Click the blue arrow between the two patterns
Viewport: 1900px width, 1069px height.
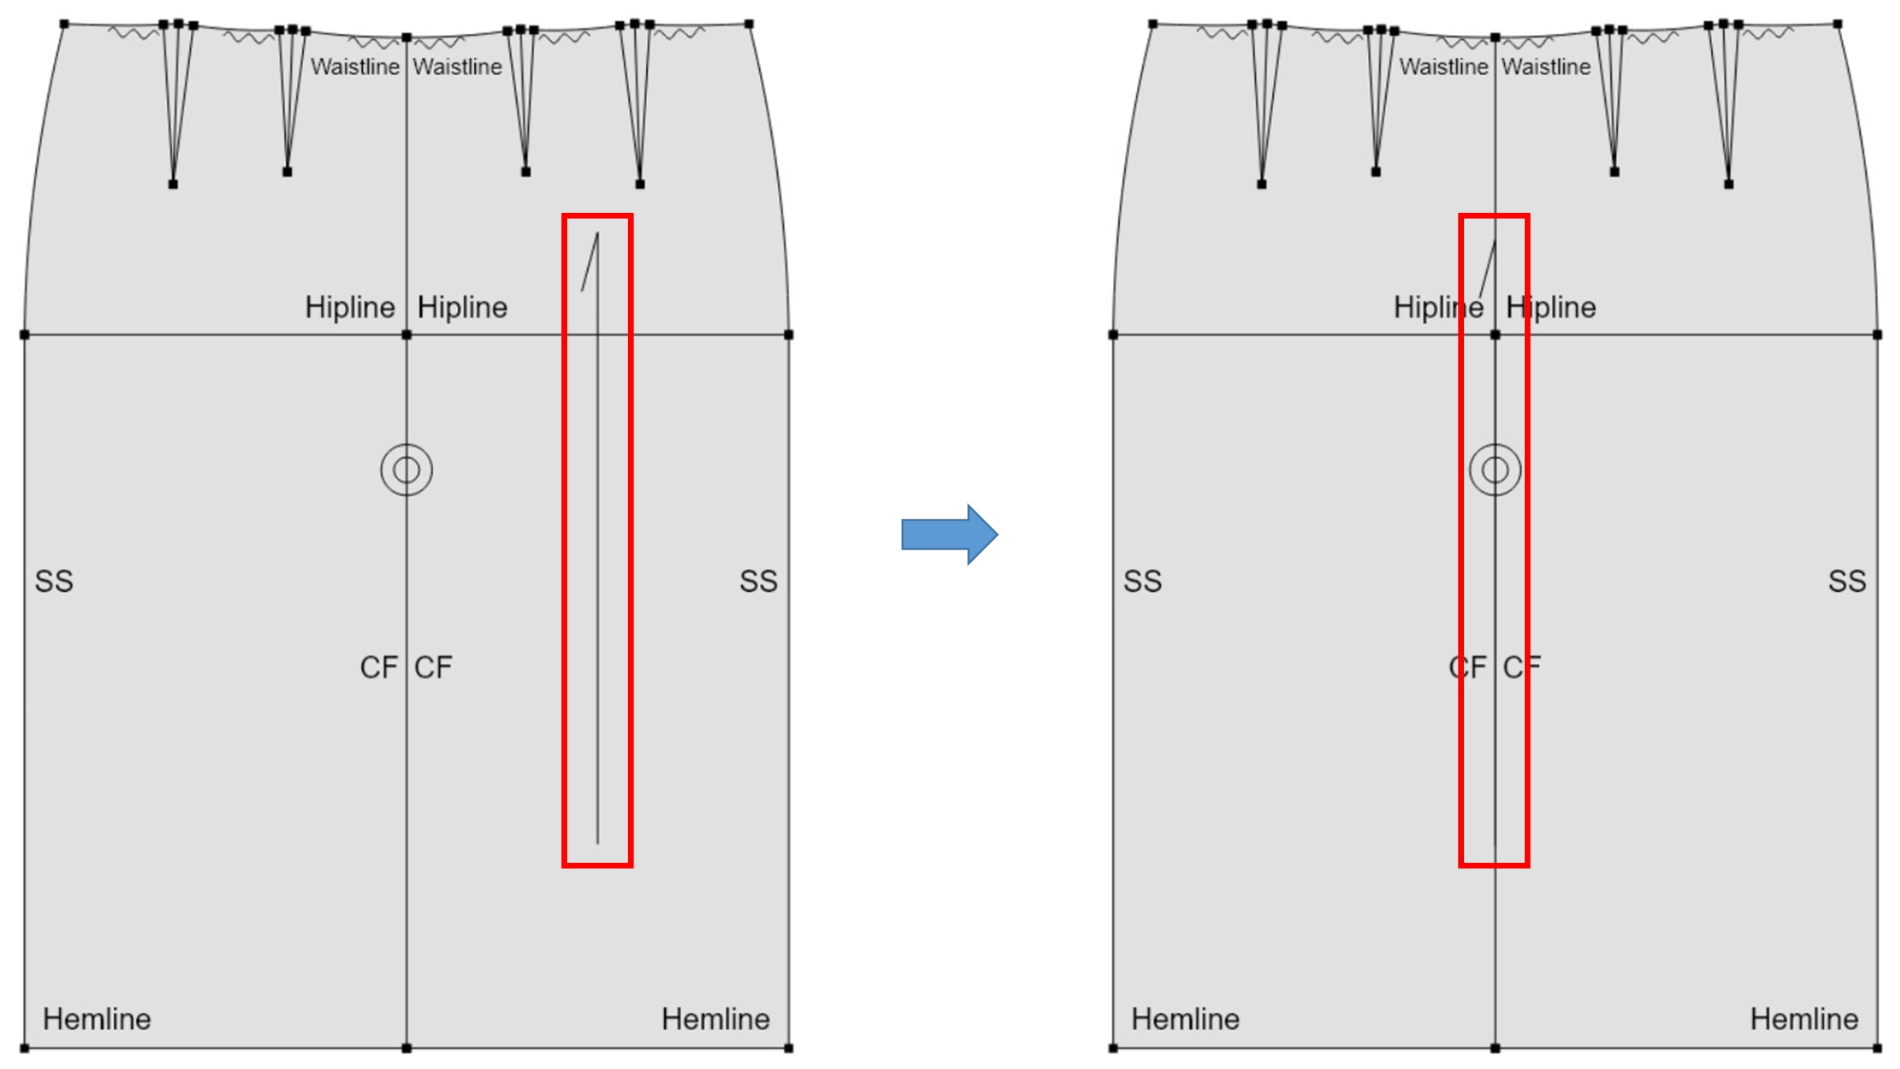click(949, 534)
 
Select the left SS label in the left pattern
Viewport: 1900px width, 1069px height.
click(54, 582)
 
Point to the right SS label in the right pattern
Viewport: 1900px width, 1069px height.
click(1847, 582)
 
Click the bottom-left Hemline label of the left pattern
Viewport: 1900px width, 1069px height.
click(97, 1019)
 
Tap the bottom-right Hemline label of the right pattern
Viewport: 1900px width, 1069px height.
click(1804, 1019)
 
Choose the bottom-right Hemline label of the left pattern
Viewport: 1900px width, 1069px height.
click(715, 1019)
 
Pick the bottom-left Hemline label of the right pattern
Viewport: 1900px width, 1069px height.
click(1186, 1019)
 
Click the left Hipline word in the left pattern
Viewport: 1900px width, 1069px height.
click(350, 308)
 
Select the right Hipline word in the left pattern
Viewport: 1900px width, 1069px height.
click(463, 308)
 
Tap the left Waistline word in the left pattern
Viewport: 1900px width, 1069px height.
click(355, 67)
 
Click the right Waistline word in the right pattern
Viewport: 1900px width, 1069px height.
click(1546, 67)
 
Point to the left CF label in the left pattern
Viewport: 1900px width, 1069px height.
click(379, 667)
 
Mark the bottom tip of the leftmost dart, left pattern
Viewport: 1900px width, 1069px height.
click(173, 184)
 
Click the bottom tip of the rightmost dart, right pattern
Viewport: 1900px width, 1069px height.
click(1729, 184)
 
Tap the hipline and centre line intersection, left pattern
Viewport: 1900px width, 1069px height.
click(407, 334)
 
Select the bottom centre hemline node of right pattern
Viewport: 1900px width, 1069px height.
click(1495, 1048)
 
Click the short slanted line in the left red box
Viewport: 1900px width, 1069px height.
click(590, 262)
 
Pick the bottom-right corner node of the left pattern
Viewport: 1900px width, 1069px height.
click(788, 1048)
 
